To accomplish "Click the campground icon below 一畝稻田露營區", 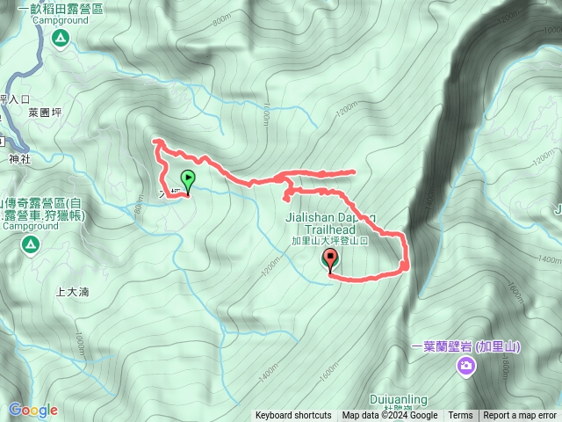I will coord(60,37).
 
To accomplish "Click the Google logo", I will coord(32,410).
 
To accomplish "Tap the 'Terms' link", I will coord(460,416).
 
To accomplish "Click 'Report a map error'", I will coord(521,416).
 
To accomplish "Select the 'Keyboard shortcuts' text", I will coord(293,416).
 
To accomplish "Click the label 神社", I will coord(19,160).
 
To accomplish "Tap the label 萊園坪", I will coord(44,113).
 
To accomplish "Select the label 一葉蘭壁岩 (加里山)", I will coord(465,346).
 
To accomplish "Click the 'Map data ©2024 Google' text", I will coord(390,416).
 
